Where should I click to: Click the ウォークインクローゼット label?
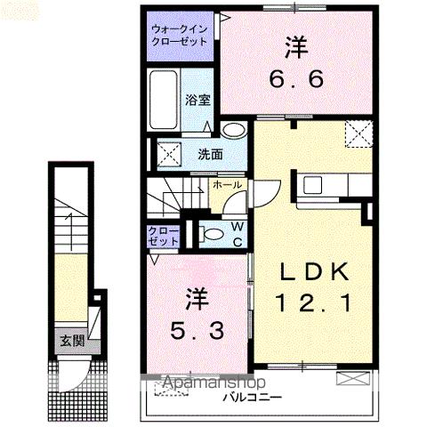[x=181, y=34]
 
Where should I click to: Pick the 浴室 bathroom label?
[x=197, y=100]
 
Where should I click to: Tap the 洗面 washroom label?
[x=210, y=153]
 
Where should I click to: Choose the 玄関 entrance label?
[x=72, y=340]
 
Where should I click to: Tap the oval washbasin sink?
[x=233, y=131]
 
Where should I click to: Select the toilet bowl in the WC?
[x=212, y=235]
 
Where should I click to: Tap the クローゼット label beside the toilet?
[x=164, y=236]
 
